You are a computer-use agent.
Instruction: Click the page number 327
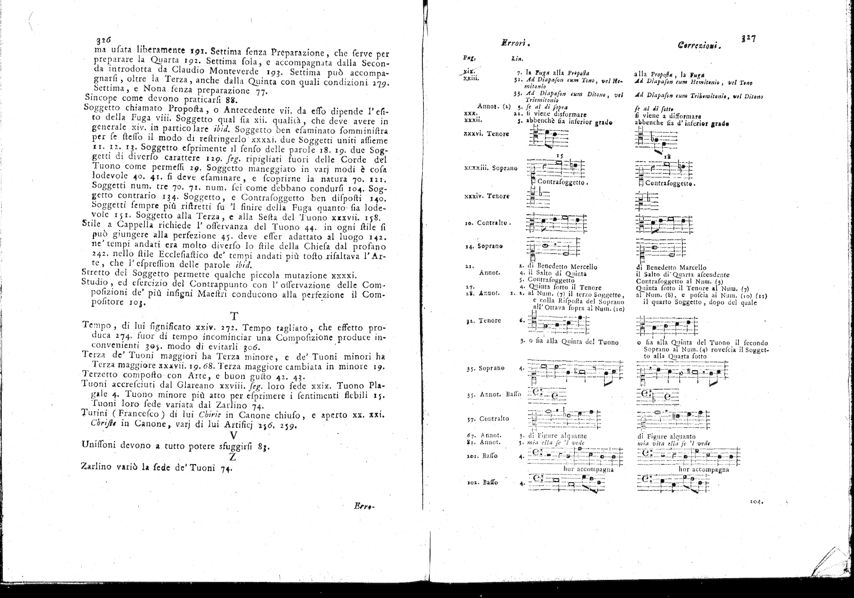coord(748,38)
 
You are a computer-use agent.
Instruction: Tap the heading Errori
coord(511,45)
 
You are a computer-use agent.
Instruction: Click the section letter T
coord(233,315)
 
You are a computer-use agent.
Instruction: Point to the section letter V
coord(233,434)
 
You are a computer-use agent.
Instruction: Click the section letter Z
coord(233,457)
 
